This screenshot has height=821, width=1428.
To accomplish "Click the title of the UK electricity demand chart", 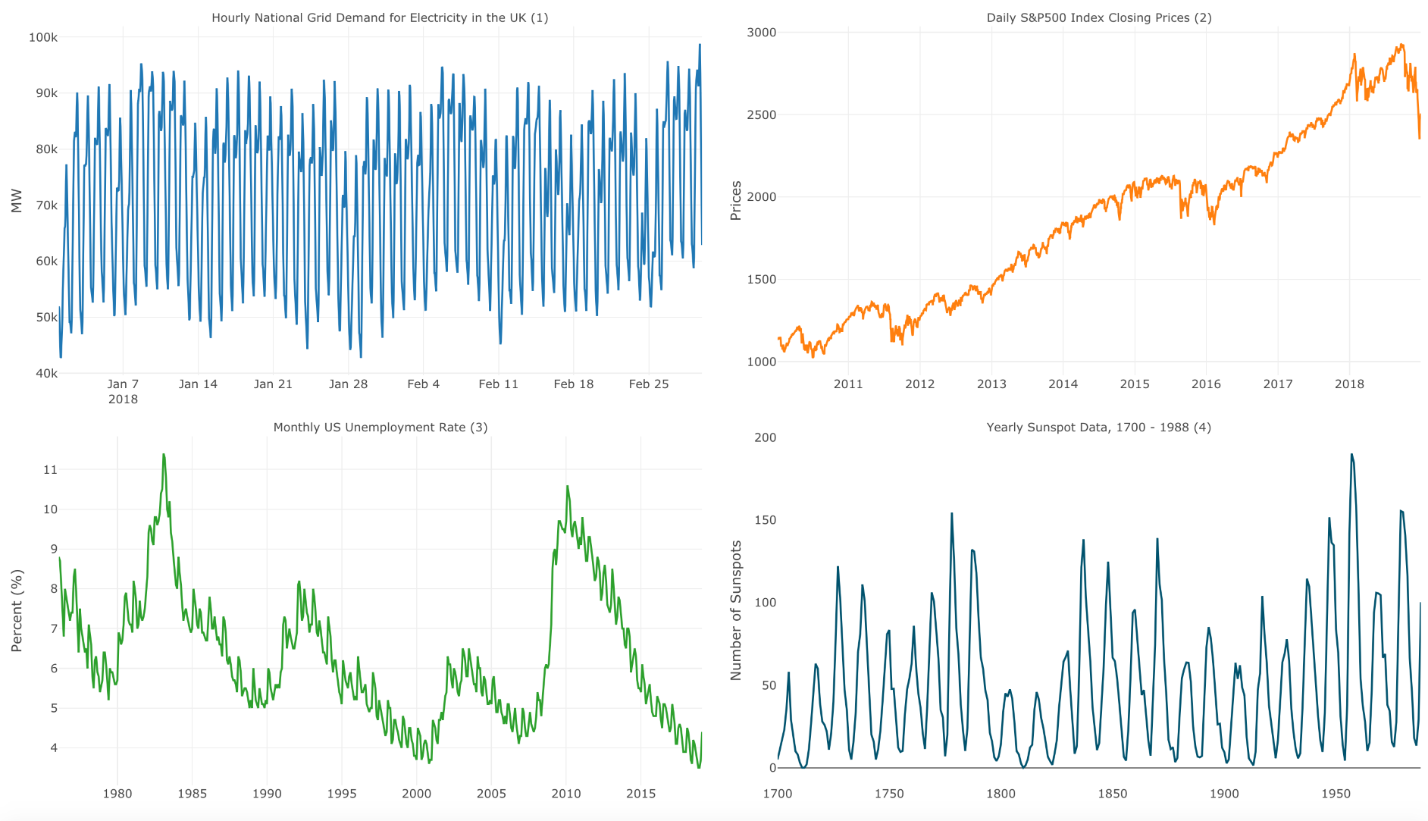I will pos(380,17).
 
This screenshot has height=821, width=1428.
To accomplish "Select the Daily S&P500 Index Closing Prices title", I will pos(1098,17).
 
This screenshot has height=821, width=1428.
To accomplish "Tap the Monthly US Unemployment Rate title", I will pos(380,427).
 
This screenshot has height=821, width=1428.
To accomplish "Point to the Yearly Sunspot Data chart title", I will pos(1098,427).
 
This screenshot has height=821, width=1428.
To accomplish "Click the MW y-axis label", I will pos(17,201).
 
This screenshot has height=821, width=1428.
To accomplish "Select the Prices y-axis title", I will pos(735,201).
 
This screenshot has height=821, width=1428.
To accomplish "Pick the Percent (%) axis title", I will pos(17,610).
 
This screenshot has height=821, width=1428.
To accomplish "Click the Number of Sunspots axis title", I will pos(735,610).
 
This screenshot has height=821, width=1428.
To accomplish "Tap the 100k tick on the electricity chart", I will pos(43,37).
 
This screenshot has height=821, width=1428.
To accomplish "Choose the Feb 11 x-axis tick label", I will pos(498,384).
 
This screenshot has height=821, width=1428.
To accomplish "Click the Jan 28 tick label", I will pos(348,384).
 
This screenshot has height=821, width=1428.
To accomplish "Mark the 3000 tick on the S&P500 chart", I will pos(761,33).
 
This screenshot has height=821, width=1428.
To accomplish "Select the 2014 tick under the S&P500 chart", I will pos(1063,384).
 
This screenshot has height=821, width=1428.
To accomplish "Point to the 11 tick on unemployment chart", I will pos(50,469).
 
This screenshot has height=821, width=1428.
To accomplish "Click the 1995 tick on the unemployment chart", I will pos(341,793).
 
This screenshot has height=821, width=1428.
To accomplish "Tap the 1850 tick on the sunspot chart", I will pos(1112,793).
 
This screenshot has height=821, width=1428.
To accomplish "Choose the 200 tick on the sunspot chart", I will pos(765,437).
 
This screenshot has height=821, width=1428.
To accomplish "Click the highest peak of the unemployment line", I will pos(163,455).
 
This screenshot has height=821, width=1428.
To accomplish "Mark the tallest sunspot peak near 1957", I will pos(1351,455).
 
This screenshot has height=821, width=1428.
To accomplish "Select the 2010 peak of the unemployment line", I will pos(567,487).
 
